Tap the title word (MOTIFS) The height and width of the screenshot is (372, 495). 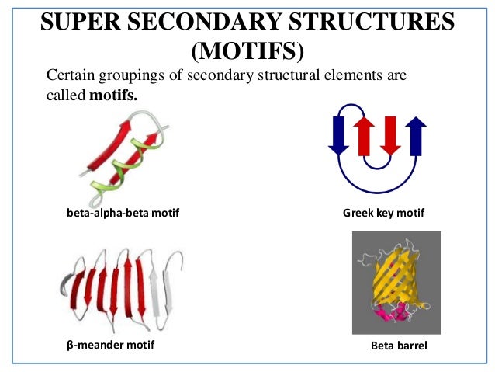point(247,51)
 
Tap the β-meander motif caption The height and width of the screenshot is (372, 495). point(107,345)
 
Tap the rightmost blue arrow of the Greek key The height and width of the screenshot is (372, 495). point(416,135)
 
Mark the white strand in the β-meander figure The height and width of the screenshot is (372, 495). point(158,287)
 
